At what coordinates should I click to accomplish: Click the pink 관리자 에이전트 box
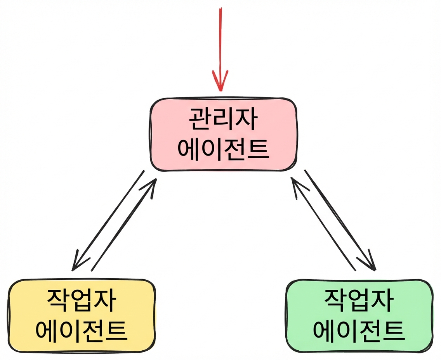tap(224, 135)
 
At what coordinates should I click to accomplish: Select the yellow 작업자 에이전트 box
tap(82, 316)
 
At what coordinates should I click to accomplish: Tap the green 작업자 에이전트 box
tap(359, 316)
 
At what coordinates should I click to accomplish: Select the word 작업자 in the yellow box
tap(81, 301)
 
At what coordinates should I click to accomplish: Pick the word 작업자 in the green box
tap(359, 301)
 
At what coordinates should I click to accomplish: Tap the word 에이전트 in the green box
tap(359, 331)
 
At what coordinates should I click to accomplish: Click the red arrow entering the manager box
tap(220, 49)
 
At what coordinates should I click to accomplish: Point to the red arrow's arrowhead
tap(220, 81)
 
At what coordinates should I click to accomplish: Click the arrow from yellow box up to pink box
tap(124, 224)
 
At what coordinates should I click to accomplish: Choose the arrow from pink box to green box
tap(340, 220)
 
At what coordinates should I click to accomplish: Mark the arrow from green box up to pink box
tap(323, 224)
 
